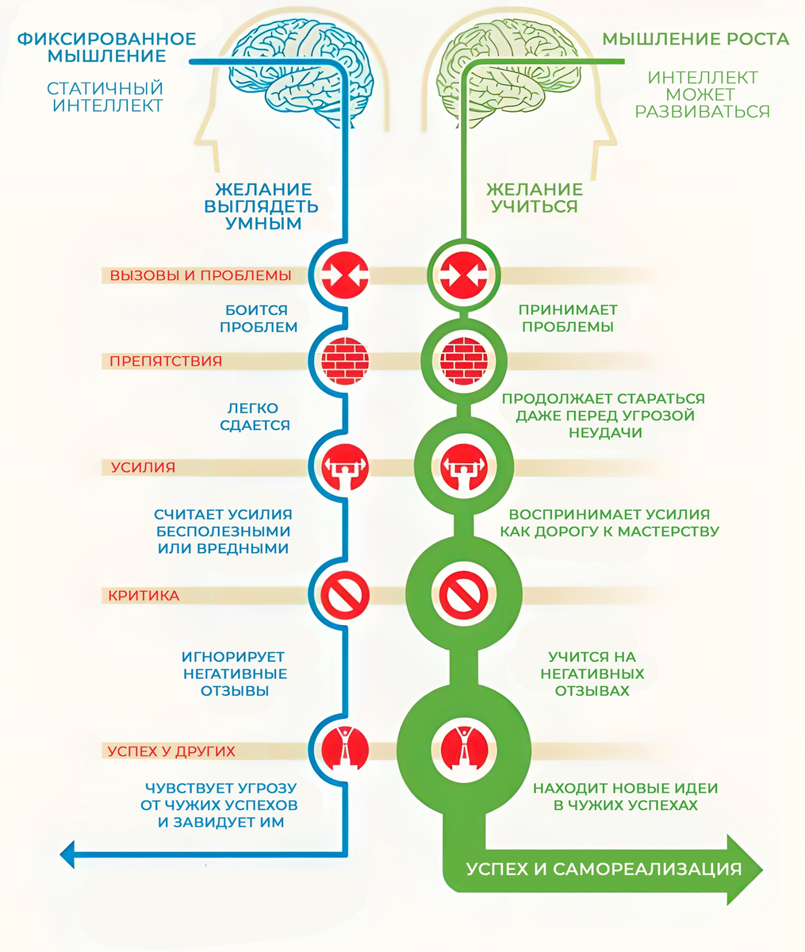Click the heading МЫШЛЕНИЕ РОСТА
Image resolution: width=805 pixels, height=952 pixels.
click(x=695, y=39)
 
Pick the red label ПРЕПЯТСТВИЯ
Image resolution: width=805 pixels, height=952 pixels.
click(x=166, y=361)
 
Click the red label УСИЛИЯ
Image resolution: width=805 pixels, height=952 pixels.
click(x=143, y=467)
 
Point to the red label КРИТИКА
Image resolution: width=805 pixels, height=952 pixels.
click(x=144, y=595)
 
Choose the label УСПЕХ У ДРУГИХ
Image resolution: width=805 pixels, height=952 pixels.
click(x=171, y=750)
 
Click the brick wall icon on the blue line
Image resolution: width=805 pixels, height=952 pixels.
click(x=345, y=361)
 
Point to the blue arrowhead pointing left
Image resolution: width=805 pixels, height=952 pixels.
click(x=69, y=854)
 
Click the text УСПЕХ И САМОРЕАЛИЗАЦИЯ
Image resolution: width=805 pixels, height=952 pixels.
click(x=604, y=869)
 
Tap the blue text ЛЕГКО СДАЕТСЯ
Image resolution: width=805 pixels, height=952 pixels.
click(x=255, y=416)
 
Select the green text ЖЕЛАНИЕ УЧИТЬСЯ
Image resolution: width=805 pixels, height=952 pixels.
click(x=534, y=198)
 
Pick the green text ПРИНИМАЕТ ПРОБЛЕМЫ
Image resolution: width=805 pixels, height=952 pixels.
click(x=568, y=318)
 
